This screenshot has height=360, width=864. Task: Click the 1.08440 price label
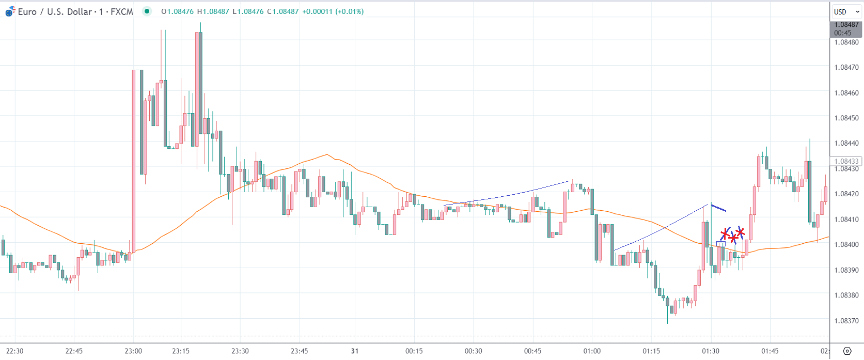click(x=846, y=144)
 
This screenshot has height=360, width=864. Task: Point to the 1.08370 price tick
click(x=846, y=321)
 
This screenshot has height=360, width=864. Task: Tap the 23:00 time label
click(x=133, y=351)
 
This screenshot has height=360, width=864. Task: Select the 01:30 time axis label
click(x=711, y=351)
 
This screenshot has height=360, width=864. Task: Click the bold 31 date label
click(x=355, y=351)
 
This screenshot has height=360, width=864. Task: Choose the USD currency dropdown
click(x=846, y=12)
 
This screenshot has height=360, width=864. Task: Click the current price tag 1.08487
click(x=846, y=25)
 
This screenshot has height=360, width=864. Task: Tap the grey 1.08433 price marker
click(x=846, y=161)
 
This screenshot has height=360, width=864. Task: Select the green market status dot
click(x=147, y=11)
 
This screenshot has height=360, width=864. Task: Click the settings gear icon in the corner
click(x=847, y=351)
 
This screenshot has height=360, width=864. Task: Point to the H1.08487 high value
click(x=213, y=11)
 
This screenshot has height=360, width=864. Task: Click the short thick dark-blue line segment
click(x=718, y=208)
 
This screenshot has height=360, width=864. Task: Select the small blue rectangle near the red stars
click(x=721, y=244)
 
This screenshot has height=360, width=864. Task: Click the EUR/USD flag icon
click(x=10, y=12)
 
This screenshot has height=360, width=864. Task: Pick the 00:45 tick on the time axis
click(x=533, y=351)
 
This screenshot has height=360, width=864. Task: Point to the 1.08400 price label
click(x=846, y=245)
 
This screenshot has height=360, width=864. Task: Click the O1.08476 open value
click(x=178, y=11)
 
